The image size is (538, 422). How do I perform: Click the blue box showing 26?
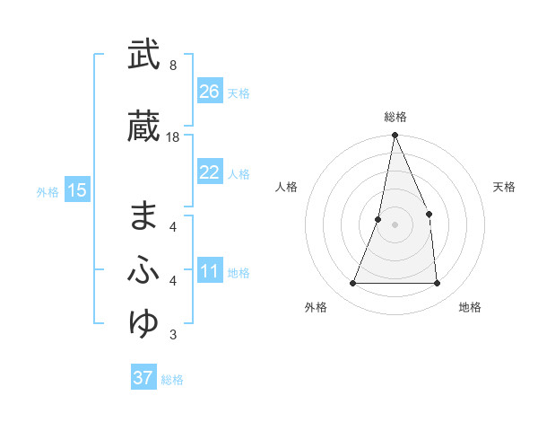[x=210, y=92]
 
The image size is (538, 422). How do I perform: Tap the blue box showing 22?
[x=210, y=172]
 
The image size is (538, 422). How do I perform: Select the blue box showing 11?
[x=210, y=272]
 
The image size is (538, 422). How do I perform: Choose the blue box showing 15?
[x=77, y=190]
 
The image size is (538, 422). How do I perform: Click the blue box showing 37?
[x=143, y=378]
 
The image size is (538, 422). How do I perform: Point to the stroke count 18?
[x=173, y=137]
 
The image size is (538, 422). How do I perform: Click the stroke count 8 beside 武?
[x=172, y=66]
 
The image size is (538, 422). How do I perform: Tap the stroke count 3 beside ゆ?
[x=172, y=336]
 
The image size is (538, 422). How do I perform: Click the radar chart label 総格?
[x=395, y=117]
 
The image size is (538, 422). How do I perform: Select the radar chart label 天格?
[x=505, y=187]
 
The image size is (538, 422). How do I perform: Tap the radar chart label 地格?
[x=470, y=307]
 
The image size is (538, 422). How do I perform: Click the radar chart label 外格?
[x=316, y=307]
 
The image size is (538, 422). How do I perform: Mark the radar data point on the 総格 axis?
[x=395, y=136]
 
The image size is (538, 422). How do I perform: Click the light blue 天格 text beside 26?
[x=239, y=92]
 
